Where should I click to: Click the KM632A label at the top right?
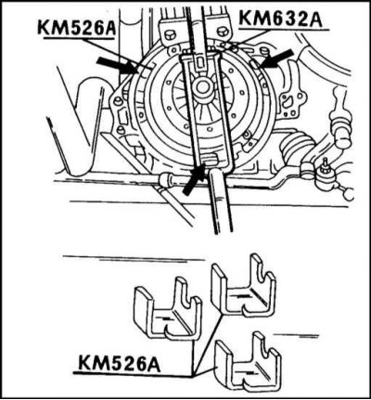click(x=281, y=19)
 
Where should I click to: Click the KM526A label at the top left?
click(x=76, y=28)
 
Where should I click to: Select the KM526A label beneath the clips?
click(x=119, y=363)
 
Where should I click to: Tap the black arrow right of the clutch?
click(x=275, y=58)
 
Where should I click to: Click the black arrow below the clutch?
click(x=193, y=179)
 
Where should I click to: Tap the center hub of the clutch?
click(x=201, y=88)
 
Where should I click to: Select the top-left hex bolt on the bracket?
click(x=169, y=34)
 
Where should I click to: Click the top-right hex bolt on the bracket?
click(x=223, y=32)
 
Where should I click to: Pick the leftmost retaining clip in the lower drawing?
click(x=167, y=313)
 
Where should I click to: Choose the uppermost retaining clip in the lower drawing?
click(x=243, y=285)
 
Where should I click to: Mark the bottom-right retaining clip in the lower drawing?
click(x=248, y=362)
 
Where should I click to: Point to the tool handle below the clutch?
click(x=221, y=201)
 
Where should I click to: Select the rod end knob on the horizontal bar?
click(x=164, y=179)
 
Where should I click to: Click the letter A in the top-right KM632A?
click(x=315, y=19)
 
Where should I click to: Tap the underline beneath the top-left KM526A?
click(x=80, y=39)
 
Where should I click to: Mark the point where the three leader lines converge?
click(x=194, y=375)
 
